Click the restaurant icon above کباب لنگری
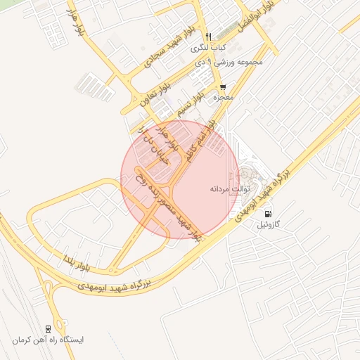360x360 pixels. tap(208, 37)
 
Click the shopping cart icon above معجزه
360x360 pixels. tap(223, 87)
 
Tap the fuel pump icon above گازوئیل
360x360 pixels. tap(267, 213)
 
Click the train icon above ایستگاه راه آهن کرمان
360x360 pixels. tap(47, 328)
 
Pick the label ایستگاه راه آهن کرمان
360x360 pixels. tap(47, 340)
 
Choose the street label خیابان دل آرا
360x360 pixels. tap(151, 150)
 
